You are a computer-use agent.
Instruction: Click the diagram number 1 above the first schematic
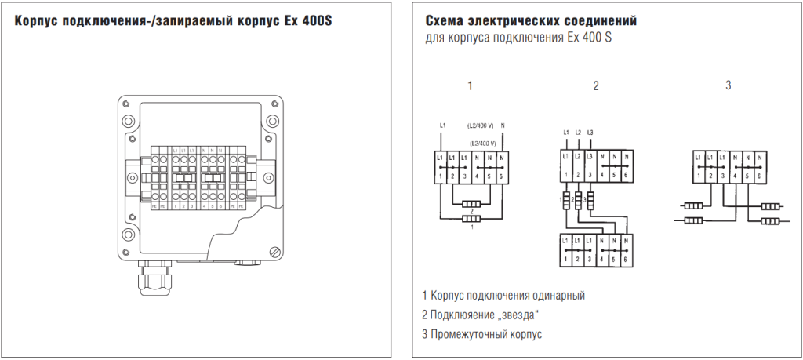pyautogui.click(x=470, y=86)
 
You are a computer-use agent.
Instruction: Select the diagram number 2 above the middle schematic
pyautogui.click(x=596, y=86)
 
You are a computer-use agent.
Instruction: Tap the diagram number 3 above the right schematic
pyautogui.click(x=728, y=85)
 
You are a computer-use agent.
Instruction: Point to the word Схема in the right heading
pyautogui.click(x=445, y=20)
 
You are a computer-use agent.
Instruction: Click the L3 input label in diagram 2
pyautogui.click(x=590, y=132)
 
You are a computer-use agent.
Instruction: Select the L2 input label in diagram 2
pyautogui.click(x=578, y=132)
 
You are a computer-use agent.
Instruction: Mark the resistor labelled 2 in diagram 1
pyautogui.click(x=471, y=205)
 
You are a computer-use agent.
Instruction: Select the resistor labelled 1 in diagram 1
pyautogui.click(x=471, y=220)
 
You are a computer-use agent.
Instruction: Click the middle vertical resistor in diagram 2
pyautogui.click(x=578, y=202)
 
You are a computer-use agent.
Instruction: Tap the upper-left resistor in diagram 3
pyautogui.click(x=694, y=206)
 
